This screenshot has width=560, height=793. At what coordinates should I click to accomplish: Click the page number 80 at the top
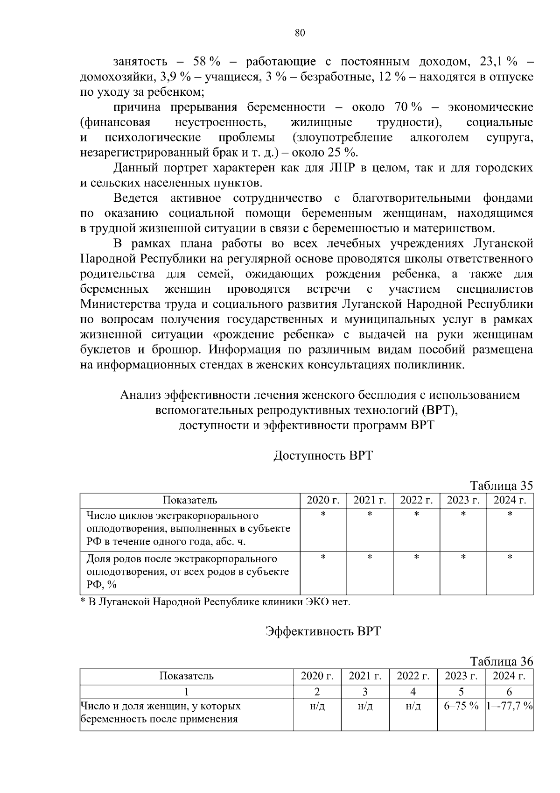(x=300, y=33)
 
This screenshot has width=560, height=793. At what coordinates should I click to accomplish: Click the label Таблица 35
(x=501, y=485)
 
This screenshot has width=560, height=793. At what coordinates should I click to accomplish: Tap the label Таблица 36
(x=501, y=661)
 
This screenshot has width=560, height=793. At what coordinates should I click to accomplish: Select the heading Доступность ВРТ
(x=323, y=455)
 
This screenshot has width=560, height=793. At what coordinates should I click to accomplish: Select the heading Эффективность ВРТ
(x=323, y=631)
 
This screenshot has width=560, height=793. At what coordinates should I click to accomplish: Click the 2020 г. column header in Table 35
(x=323, y=501)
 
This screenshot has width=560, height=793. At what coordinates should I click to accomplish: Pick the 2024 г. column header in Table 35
(x=510, y=501)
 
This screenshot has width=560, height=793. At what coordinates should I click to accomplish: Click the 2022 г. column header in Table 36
(x=413, y=676)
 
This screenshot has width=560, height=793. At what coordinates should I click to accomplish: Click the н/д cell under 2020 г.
(x=317, y=707)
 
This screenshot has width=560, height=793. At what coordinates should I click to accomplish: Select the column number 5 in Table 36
(x=461, y=692)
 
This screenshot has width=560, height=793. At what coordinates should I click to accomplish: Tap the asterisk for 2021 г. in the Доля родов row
(x=370, y=558)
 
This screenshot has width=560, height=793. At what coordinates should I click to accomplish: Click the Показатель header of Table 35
(x=189, y=501)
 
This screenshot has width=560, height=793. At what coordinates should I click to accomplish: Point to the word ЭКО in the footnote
(x=317, y=602)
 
